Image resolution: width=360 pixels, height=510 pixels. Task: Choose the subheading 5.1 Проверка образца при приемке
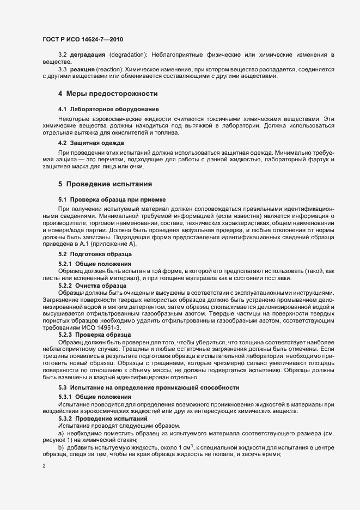tap(108, 200)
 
